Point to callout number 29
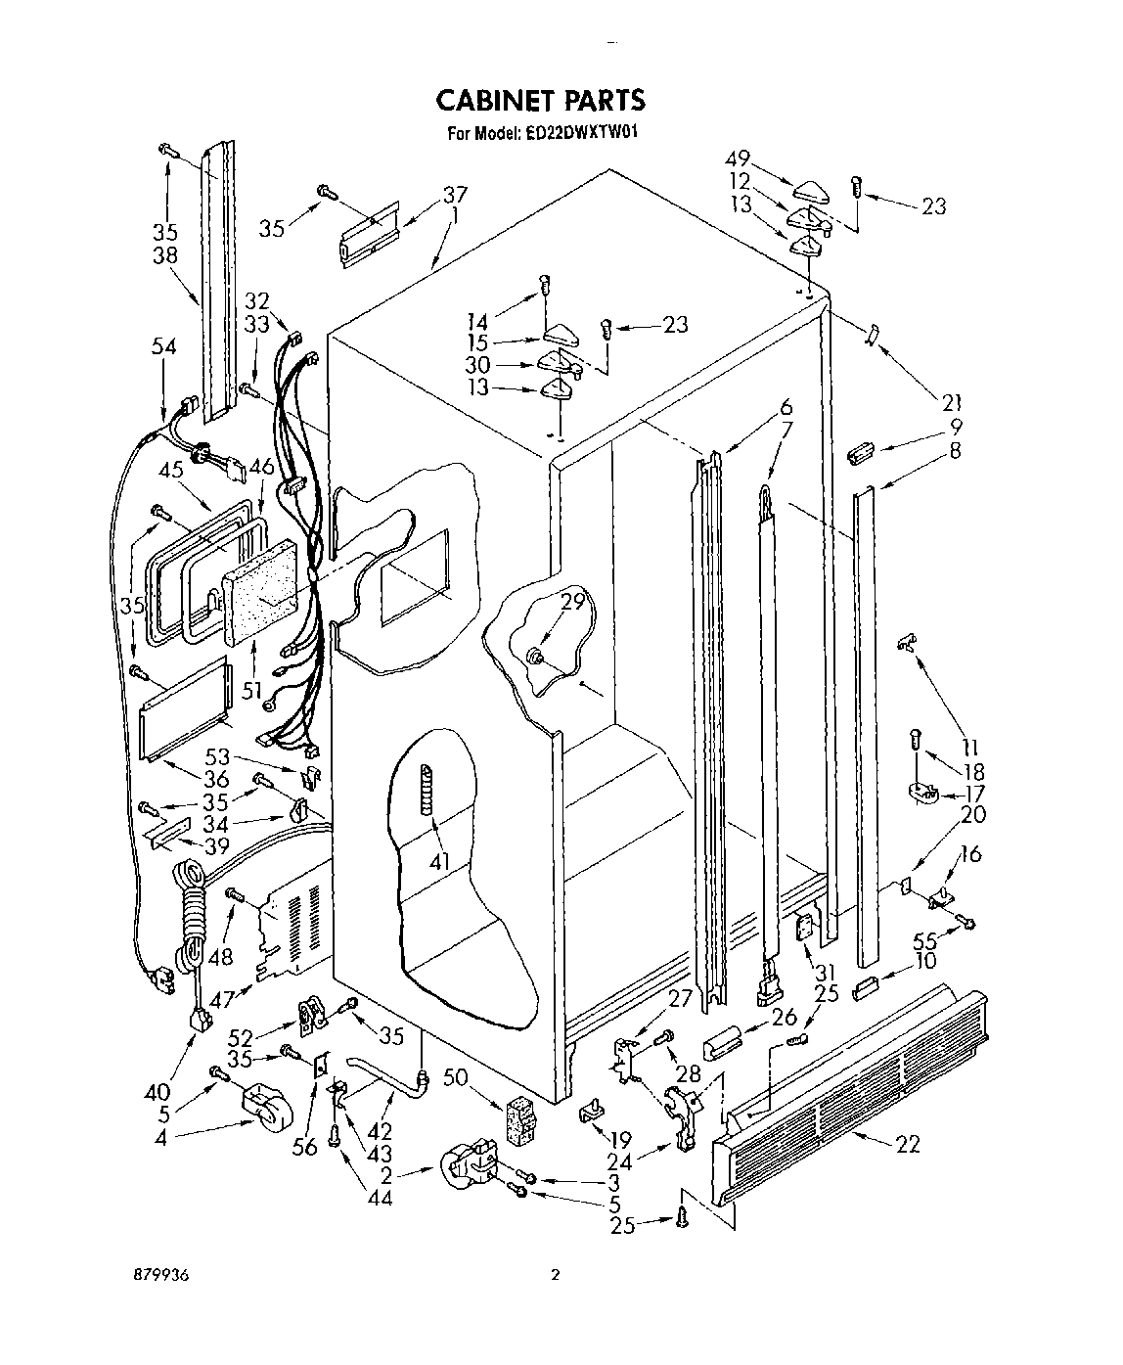coord(571,603)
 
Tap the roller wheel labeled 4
coord(269,1109)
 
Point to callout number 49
coord(738,159)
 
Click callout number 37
coord(427,193)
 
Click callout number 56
coord(306,1146)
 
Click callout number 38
coord(164,251)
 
